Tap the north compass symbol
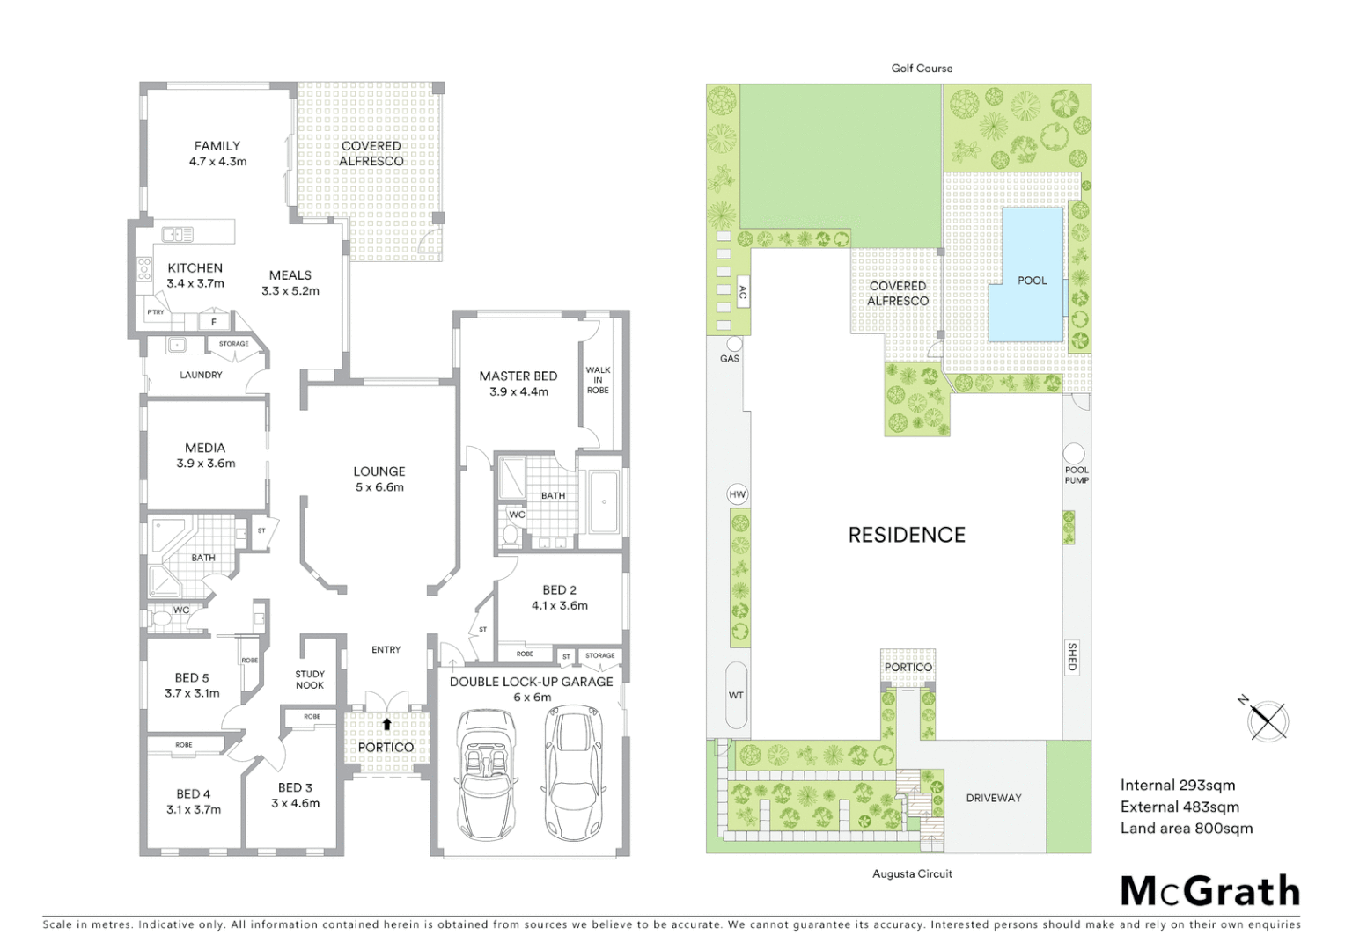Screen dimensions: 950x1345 coord(1268,720)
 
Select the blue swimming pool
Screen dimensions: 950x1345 coord(1026,276)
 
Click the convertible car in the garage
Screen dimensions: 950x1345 coord(485,774)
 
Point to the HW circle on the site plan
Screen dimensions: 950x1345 coord(738,494)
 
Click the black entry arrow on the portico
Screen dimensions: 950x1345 coord(386,724)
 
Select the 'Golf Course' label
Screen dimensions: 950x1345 coord(922,68)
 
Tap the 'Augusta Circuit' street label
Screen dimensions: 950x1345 coord(912,873)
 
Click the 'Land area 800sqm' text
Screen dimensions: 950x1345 coord(1186,828)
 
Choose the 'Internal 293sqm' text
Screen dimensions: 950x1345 coord(1177,785)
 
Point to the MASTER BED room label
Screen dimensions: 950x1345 coord(518,384)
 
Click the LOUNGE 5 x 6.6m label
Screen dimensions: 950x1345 coord(379,479)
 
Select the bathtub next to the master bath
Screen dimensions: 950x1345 coord(604,502)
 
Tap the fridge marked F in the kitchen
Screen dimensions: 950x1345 coord(214,322)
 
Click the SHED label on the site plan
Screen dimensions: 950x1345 coord(1072,657)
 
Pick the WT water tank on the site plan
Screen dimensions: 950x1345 coord(736,695)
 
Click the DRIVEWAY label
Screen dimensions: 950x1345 coord(994,798)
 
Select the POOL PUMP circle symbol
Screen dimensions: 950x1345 coord(1074,454)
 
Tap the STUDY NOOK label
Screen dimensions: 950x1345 coord(310,679)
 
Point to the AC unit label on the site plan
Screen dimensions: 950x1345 coord(743,293)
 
